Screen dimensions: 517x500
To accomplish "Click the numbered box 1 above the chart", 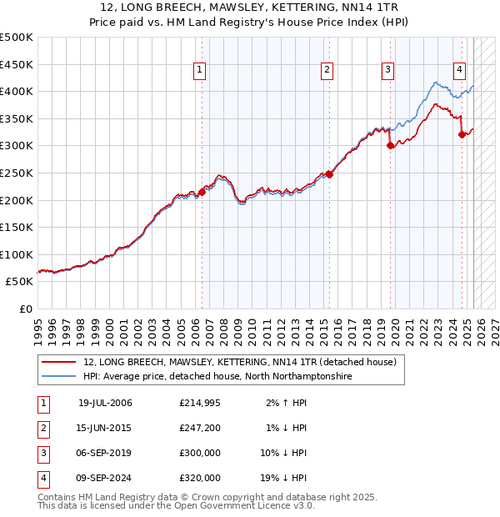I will [x=201, y=71].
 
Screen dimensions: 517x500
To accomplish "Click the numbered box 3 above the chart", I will [x=388, y=71].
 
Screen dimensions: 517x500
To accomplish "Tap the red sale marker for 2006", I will [x=202, y=192].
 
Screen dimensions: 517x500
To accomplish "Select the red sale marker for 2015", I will [x=329, y=174].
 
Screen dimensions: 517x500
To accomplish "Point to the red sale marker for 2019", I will [x=390, y=145].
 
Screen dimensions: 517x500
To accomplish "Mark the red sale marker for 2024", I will [x=462, y=134].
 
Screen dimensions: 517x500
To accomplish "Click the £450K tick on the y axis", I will [x=17, y=64].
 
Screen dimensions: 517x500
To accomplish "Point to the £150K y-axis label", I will [x=17, y=227].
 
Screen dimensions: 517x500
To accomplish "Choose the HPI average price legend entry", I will [x=217, y=377].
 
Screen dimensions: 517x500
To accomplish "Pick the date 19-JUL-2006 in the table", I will [x=105, y=403].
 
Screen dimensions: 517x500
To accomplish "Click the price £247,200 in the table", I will [x=200, y=428].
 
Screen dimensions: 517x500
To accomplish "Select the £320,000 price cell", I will [x=200, y=478].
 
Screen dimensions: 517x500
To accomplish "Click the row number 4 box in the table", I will [x=42, y=478].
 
